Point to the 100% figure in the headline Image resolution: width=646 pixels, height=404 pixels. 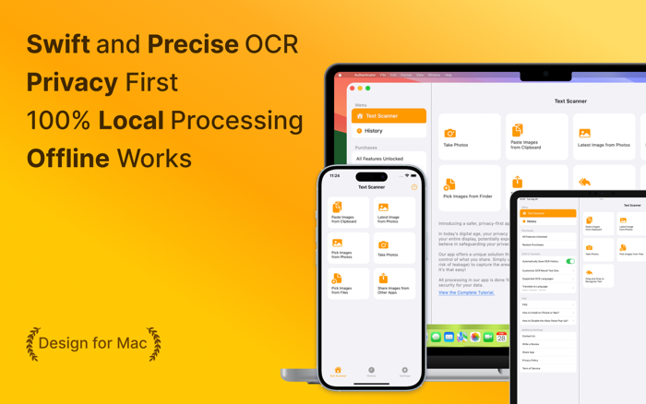tap(57, 120)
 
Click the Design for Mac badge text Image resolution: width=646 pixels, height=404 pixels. tap(93, 343)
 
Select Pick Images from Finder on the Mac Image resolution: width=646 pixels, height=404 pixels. tap(469, 188)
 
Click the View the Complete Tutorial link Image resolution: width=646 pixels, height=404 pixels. tap(466, 292)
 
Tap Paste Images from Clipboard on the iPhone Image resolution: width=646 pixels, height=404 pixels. tap(348, 213)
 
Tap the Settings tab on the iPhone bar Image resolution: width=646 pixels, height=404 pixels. tap(404, 372)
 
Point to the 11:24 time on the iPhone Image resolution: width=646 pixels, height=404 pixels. tap(335, 175)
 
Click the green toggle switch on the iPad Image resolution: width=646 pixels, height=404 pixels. tap(570, 261)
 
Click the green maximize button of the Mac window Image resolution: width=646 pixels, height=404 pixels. tap(368, 89)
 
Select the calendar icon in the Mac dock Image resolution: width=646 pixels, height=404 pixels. tap(501, 338)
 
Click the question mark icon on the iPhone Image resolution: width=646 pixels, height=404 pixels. tap(414, 187)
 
